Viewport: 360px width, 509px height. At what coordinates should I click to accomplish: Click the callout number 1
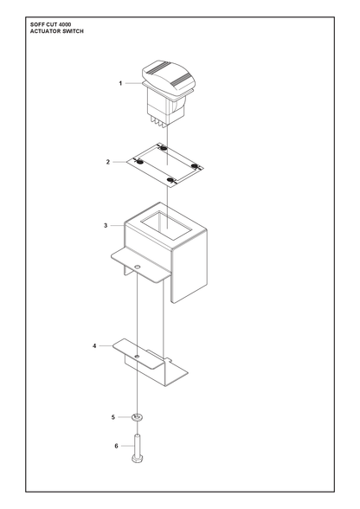pyautogui.click(x=120, y=83)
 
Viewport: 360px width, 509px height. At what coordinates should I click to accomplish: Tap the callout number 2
pyautogui.click(x=108, y=162)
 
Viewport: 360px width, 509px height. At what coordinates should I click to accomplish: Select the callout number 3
pyautogui.click(x=106, y=225)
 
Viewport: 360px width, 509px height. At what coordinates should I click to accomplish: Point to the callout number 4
pyautogui.click(x=94, y=346)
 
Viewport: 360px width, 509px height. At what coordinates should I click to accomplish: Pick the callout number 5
pyautogui.click(x=113, y=417)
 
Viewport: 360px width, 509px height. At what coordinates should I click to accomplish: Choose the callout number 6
pyautogui.click(x=116, y=447)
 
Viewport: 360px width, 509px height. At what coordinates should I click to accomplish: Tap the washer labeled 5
pyautogui.click(x=138, y=417)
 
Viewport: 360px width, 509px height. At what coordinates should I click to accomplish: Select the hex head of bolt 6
pyautogui.click(x=137, y=459)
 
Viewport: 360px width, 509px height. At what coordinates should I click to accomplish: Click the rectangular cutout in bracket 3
pyautogui.click(x=166, y=226)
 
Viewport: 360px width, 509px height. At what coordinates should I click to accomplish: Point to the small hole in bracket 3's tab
pyautogui.click(x=138, y=267)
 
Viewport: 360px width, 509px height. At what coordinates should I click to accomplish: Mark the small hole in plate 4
pyautogui.click(x=137, y=357)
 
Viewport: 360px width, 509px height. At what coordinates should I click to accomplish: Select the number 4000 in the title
pyautogui.click(x=66, y=24)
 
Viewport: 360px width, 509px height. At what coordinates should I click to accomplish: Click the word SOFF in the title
pyautogui.click(x=36, y=24)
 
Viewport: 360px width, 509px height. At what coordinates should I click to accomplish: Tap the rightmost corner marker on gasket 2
pyautogui.click(x=195, y=166)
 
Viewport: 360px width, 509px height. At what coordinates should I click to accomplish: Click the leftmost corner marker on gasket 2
pyautogui.click(x=140, y=162)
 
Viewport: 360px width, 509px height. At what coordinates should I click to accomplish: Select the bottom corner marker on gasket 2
pyautogui.click(x=170, y=180)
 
